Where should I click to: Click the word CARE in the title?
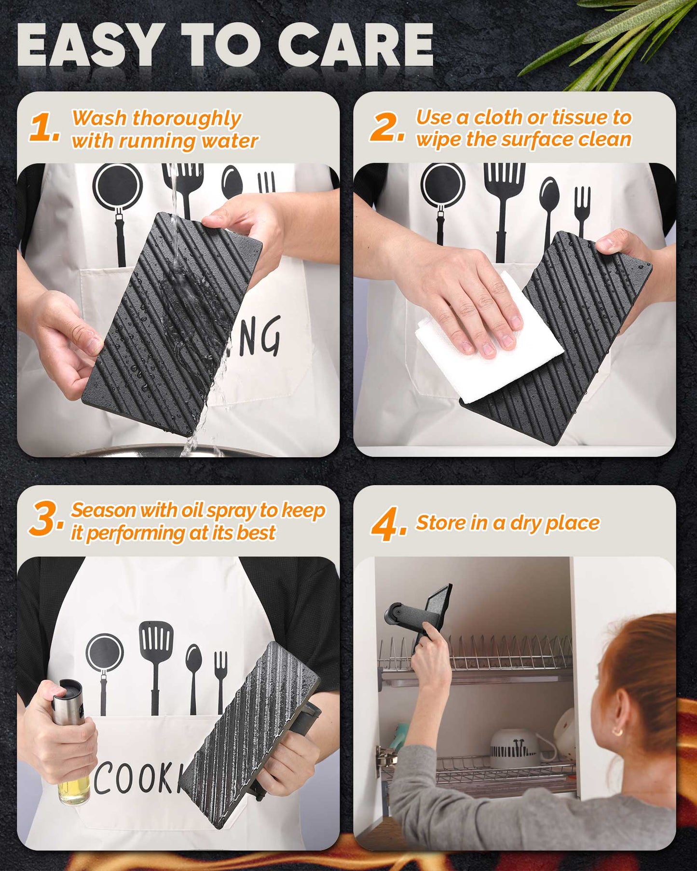coord(355,44)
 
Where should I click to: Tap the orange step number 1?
coord(45,128)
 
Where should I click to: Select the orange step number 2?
coord(387,128)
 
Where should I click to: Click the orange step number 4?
coord(389,524)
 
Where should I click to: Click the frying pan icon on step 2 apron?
coord(442,203)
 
